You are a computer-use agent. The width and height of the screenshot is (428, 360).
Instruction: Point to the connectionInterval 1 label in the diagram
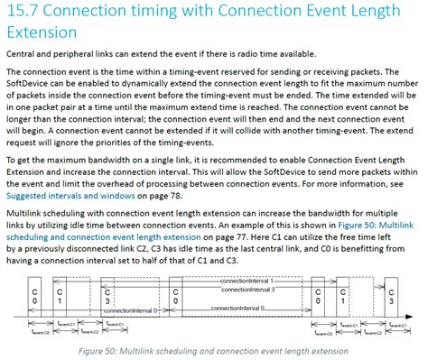pyautogui.click(x=248, y=281)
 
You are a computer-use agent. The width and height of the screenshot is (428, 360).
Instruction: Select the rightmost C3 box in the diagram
pyautogui.click(x=391, y=297)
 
